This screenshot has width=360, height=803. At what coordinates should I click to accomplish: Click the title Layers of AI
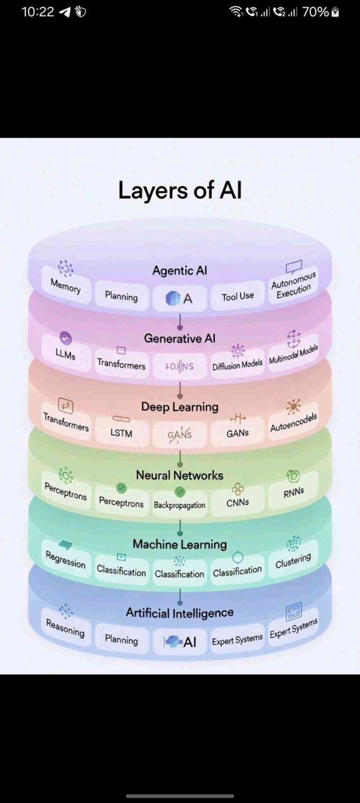(x=180, y=191)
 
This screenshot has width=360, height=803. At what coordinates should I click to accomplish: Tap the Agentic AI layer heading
(x=180, y=271)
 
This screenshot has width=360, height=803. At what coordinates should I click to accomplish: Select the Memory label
(x=66, y=286)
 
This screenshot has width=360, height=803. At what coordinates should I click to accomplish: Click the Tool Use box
(x=237, y=297)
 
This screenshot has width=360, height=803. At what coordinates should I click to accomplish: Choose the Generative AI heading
(x=180, y=339)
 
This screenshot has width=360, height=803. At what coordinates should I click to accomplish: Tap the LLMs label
(x=65, y=355)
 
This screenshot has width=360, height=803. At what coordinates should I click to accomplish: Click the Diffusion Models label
(x=237, y=365)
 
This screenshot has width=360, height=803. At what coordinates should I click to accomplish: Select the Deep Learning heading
(x=180, y=407)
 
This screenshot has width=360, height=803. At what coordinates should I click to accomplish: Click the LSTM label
(x=121, y=433)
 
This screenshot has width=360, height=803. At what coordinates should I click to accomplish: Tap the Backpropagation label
(x=180, y=505)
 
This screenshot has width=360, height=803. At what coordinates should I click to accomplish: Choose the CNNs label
(x=237, y=503)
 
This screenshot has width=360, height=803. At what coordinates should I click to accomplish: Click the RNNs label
(x=294, y=491)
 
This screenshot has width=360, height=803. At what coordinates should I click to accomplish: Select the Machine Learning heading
(x=180, y=544)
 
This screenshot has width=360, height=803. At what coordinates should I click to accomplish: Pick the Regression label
(x=66, y=560)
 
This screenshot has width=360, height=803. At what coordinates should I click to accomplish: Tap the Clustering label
(x=292, y=561)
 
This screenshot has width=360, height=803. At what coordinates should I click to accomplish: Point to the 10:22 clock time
(x=37, y=12)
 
